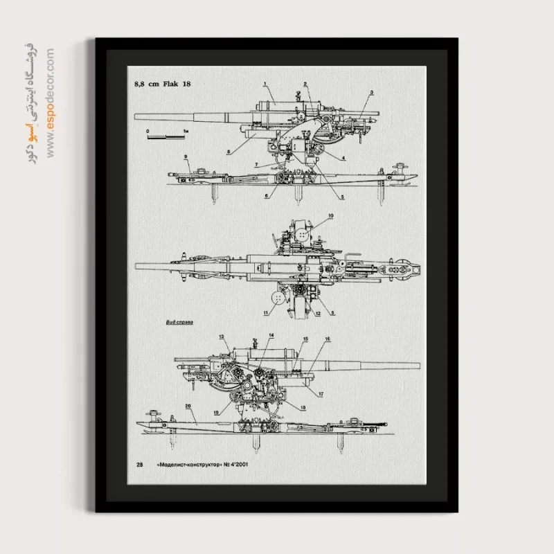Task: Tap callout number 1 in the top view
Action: (265, 84)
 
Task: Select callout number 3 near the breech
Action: (371, 93)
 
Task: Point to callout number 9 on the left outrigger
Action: (186, 157)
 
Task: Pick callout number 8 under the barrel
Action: (229, 150)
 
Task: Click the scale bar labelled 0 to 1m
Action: (166, 134)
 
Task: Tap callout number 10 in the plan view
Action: (331, 217)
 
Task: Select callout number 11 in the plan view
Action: (265, 313)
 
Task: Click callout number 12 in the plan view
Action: (318, 313)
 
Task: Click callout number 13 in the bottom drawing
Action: (223, 336)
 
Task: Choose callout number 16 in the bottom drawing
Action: (328, 339)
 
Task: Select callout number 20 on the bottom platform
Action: (188, 406)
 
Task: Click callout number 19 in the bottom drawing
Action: (217, 412)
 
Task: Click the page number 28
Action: (139, 465)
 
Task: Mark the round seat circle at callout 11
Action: (278, 298)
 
